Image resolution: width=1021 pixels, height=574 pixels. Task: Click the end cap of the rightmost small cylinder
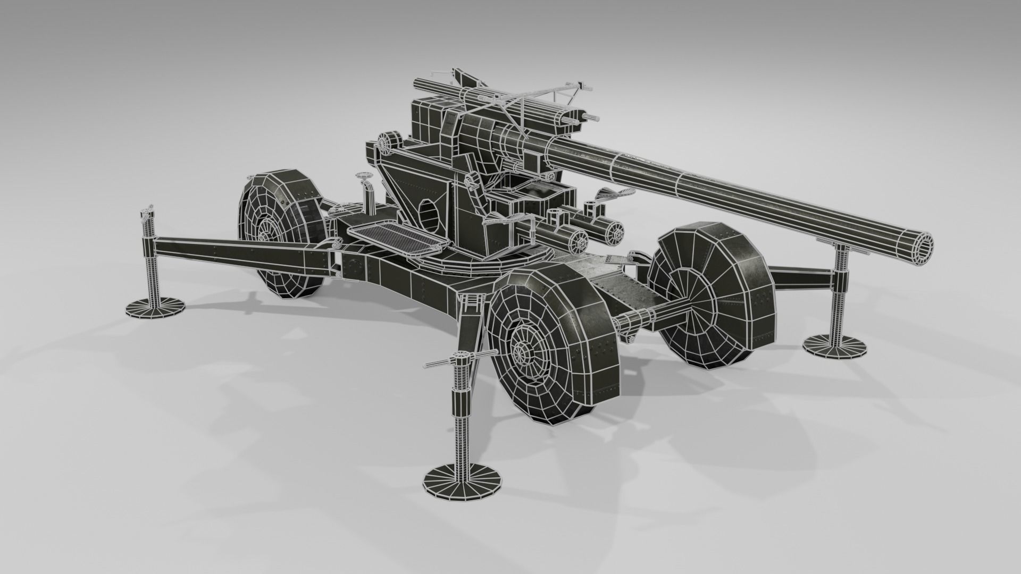pos(616,232)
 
